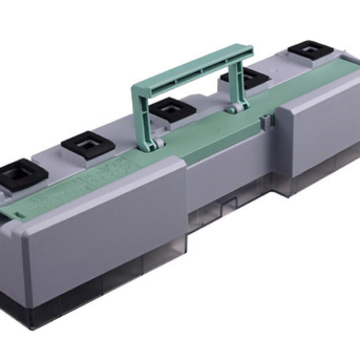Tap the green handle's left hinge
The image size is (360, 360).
(x=158, y=143)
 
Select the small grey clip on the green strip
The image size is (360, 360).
(x=266, y=119)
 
